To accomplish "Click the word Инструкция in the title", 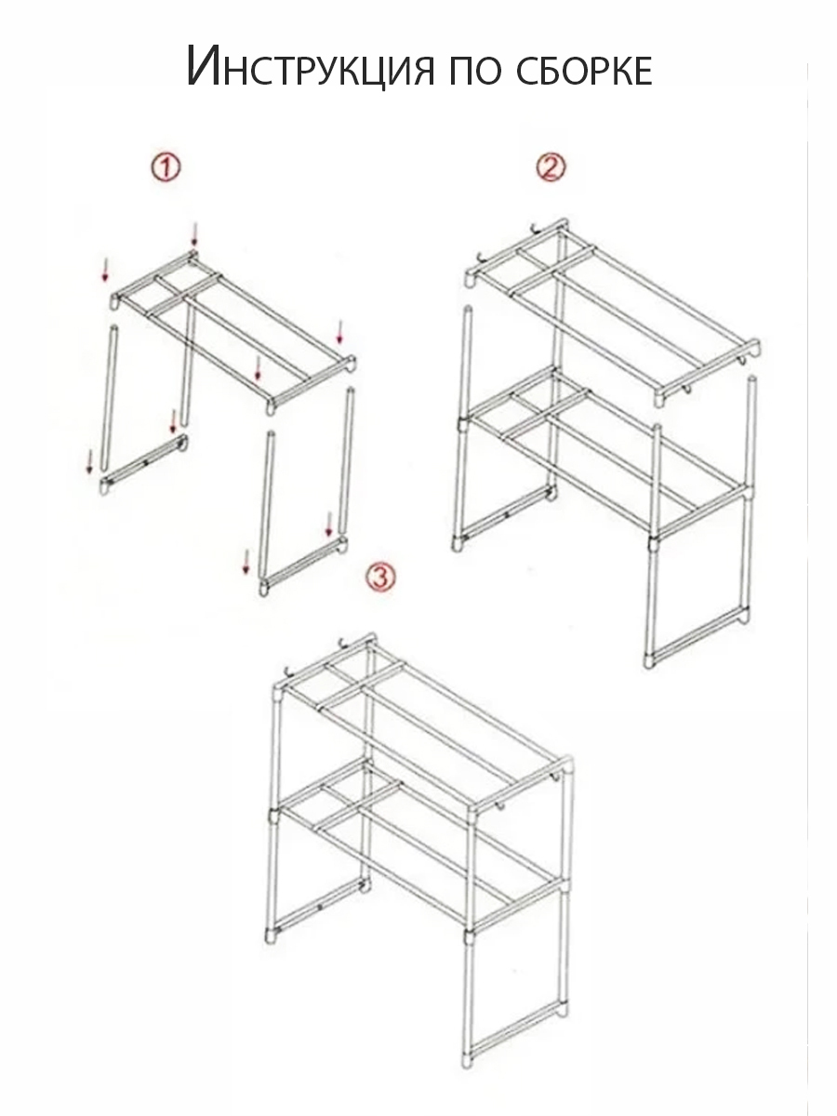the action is [310, 67].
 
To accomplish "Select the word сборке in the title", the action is [584, 69].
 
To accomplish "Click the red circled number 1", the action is [166, 167].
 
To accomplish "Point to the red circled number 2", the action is [551, 167].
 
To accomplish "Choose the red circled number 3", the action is [380, 578].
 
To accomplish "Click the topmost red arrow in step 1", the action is [193, 234].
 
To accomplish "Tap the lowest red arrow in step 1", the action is [246, 562].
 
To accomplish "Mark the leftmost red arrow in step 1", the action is [89, 461].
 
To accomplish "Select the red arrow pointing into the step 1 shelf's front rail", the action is [258, 367].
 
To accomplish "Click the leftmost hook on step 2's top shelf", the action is [482, 259].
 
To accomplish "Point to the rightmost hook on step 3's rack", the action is [556, 790].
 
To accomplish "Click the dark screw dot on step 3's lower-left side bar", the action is [319, 907].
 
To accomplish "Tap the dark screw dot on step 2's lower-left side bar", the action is [507, 514].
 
